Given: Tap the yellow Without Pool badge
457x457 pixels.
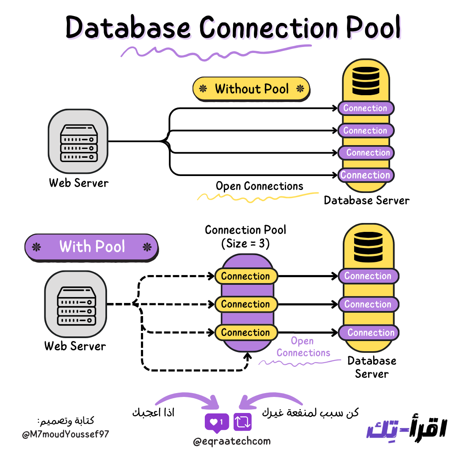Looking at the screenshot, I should pyautogui.click(x=251, y=89).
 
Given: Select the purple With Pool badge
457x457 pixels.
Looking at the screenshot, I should pyautogui.click(x=92, y=247).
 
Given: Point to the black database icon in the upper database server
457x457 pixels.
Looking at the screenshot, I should pyautogui.click(x=366, y=80).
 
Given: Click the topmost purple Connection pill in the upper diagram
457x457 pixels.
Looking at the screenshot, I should pyautogui.click(x=366, y=108).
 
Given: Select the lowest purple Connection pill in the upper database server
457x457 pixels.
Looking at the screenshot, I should pyautogui.click(x=366, y=175).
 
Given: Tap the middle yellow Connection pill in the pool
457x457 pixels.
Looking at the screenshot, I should pyautogui.click(x=245, y=304).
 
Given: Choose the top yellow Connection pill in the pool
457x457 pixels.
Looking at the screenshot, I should pyautogui.click(x=245, y=276).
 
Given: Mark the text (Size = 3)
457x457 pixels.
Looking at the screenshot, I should pyautogui.click(x=245, y=244).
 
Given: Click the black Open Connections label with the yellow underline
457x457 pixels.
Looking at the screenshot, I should pyautogui.click(x=259, y=186).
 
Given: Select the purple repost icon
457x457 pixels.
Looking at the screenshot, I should pyautogui.click(x=243, y=421).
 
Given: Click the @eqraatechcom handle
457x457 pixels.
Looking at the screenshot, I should pyautogui.click(x=231, y=441).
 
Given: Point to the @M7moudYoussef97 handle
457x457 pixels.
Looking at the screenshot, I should pyautogui.click(x=66, y=434).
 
